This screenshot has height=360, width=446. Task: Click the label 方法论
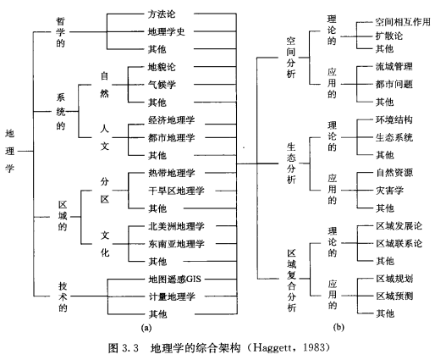click(162, 14)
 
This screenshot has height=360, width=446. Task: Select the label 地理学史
click(167, 31)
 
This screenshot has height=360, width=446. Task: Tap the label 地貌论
click(162, 67)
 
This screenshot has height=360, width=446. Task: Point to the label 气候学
click(162, 85)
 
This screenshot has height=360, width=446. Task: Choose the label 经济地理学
click(171, 120)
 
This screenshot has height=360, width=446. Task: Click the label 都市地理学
click(171, 138)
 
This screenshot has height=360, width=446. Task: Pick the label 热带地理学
click(171, 173)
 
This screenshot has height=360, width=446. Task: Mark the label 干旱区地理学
click(176, 191)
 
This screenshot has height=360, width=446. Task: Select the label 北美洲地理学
click(176, 226)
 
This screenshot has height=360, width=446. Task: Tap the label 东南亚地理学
click(176, 244)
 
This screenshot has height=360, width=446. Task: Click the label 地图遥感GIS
click(174, 280)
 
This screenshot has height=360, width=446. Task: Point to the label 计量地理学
click(172, 296)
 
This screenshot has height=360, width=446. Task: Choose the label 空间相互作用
click(403, 22)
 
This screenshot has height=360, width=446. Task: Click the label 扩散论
click(388, 36)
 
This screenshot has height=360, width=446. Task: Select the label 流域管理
click(394, 67)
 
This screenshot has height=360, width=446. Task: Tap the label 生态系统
click(394, 137)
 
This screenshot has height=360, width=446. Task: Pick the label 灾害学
click(389, 191)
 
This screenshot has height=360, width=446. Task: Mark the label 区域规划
click(394, 279)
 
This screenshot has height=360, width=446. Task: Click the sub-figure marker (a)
click(146, 328)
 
